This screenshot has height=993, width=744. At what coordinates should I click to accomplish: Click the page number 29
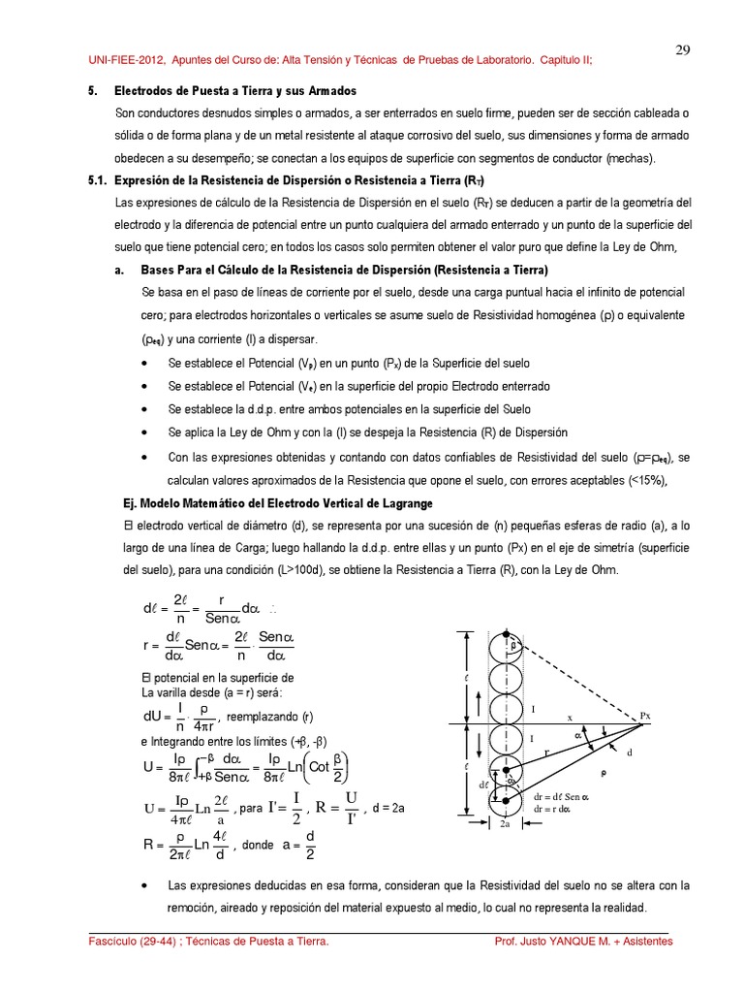click(682, 50)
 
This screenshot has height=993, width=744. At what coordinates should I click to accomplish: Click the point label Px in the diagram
click(645, 716)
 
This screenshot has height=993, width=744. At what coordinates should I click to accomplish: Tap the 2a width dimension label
click(506, 824)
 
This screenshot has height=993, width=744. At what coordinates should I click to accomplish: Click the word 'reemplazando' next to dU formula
click(263, 719)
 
